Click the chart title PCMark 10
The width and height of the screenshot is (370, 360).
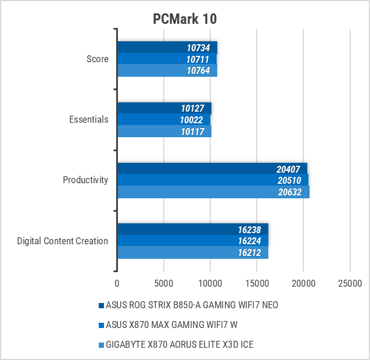185,19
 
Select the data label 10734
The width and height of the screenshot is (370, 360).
199,48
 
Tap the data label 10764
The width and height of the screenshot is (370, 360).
199,70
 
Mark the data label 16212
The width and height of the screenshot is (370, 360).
250,252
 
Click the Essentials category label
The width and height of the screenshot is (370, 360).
88,119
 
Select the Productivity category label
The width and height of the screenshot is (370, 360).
85,180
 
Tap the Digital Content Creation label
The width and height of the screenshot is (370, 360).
63,241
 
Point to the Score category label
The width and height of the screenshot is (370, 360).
97,59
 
